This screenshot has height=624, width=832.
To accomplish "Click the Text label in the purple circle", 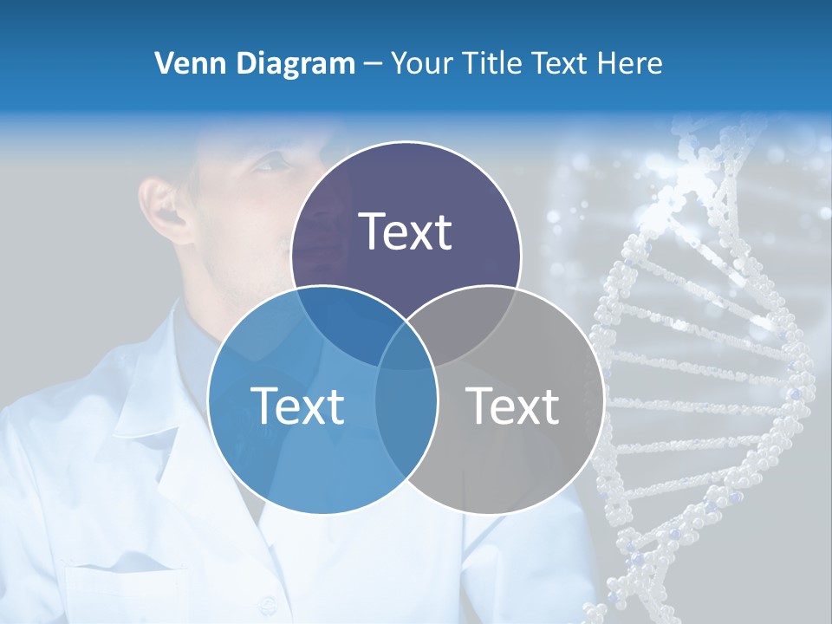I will click(406, 231).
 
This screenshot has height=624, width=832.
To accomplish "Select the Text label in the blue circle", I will click(297, 406).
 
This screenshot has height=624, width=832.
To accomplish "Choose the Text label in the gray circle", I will click(512, 406).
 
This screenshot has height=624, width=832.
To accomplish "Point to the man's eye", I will click(276, 162).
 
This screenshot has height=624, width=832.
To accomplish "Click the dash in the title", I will click(373, 64).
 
